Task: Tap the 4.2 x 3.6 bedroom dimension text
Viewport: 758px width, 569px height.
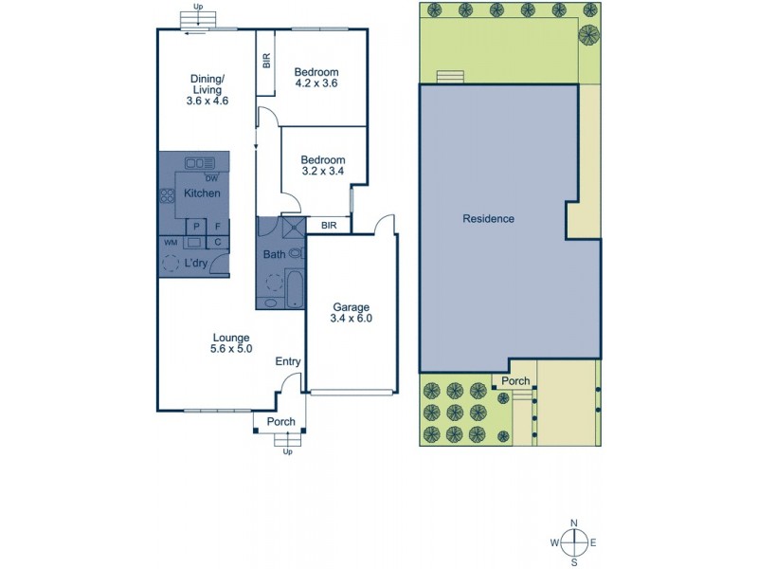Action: pos(316,83)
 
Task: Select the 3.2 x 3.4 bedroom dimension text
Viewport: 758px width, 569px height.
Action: pos(323,173)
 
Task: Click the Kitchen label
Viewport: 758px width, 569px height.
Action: pos(202,193)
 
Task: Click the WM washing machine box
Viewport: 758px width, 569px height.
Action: pos(171,243)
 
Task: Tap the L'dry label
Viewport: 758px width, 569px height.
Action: pos(196,262)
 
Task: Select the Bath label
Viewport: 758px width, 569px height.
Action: pos(273,254)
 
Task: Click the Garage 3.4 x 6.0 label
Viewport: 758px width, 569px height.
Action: pos(351,313)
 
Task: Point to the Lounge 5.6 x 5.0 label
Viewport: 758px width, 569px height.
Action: pos(230,343)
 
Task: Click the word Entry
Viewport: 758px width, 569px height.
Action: pos(288,361)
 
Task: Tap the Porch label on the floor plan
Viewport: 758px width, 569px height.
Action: pos(281,422)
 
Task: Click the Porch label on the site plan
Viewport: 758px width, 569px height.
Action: pos(515,382)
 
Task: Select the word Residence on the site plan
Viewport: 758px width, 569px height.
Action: pos(488,219)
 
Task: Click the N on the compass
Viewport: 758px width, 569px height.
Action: pos(574,523)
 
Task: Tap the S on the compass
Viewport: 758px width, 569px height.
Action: pos(574,561)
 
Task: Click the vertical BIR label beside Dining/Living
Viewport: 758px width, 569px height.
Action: pos(267,60)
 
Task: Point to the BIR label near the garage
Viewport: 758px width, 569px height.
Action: pos(329,226)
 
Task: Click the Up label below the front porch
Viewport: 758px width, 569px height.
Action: pos(287,451)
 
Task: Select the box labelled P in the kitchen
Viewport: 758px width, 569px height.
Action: pos(196,227)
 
